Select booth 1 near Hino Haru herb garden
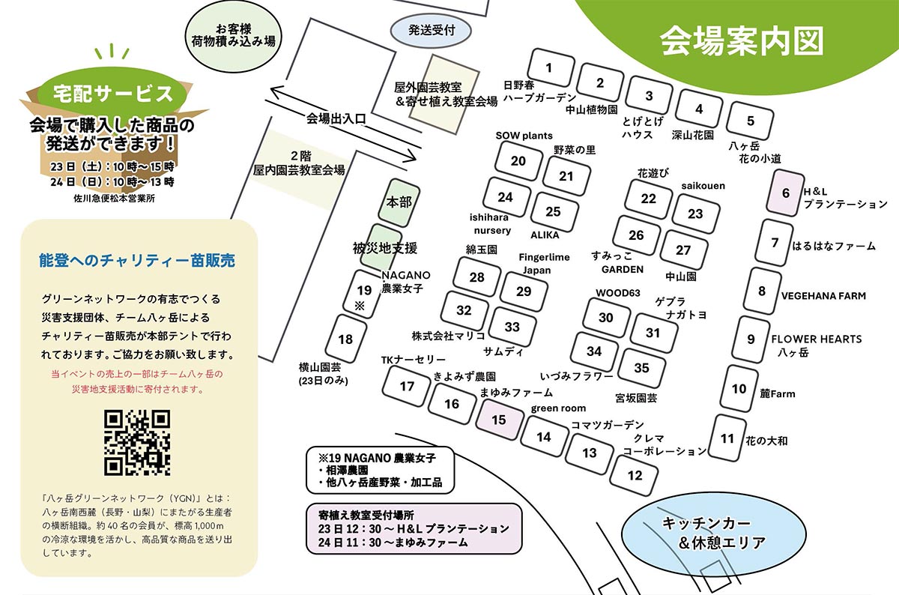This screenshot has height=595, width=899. [549, 68]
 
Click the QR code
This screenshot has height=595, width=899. [136, 443]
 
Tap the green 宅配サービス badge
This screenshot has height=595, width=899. [112, 94]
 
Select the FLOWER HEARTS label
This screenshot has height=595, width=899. [817, 339]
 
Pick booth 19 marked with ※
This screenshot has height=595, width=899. [365, 294]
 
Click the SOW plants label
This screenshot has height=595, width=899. [524, 136]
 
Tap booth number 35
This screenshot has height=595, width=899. [642, 368]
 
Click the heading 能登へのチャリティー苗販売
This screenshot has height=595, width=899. [137, 261]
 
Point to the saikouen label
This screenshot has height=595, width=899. [703, 186]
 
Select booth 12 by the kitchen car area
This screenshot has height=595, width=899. [635, 475]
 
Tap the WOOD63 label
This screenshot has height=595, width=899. [618, 292]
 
